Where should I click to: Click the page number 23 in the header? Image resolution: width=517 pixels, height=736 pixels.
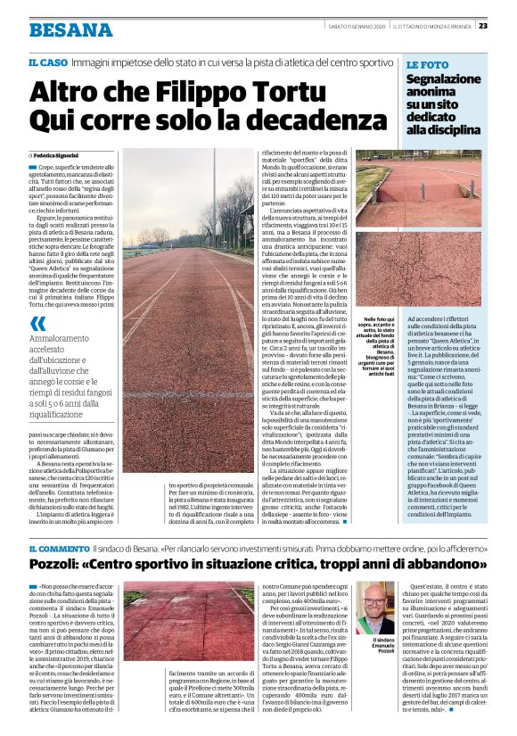tap(506, 25)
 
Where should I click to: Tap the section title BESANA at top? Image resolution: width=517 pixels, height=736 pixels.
tap(70, 30)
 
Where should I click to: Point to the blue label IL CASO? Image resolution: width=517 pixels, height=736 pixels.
tap(47, 62)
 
